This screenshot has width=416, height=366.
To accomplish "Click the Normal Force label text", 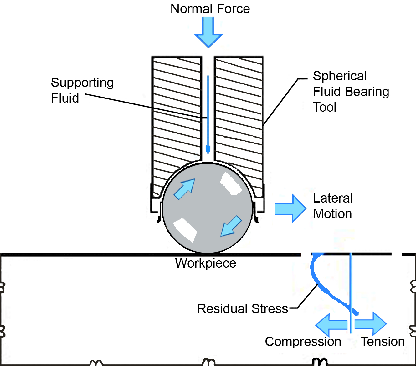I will click(x=210, y=9).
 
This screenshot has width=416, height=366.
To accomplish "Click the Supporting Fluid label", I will click(x=82, y=90).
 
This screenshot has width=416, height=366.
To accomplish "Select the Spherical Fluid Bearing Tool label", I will click(x=351, y=92).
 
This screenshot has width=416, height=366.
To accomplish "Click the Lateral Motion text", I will click(x=333, y=206).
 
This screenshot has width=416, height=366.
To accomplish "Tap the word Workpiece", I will click(x=205, y=263).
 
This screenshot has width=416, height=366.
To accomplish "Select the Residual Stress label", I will click(x=242, y=309).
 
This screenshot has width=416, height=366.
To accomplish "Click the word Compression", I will click(x=303, y=342).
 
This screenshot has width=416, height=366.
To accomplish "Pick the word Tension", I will click(x=383, y=342).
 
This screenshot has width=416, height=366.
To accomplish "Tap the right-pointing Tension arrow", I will click(x=371, y=324).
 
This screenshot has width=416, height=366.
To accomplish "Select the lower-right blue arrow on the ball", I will click(x=231, y=226).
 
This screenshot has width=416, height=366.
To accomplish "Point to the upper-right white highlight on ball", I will click(x=231, y=184).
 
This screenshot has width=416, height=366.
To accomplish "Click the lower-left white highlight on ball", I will click(x=185, y=230).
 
